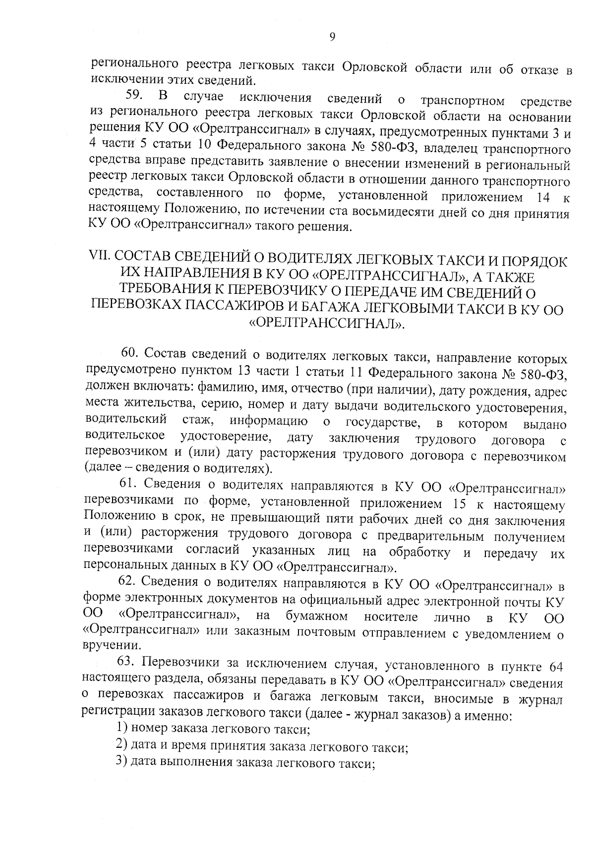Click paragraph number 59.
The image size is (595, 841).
(x=134, y=96)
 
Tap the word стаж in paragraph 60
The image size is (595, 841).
(x=197, y=421)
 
